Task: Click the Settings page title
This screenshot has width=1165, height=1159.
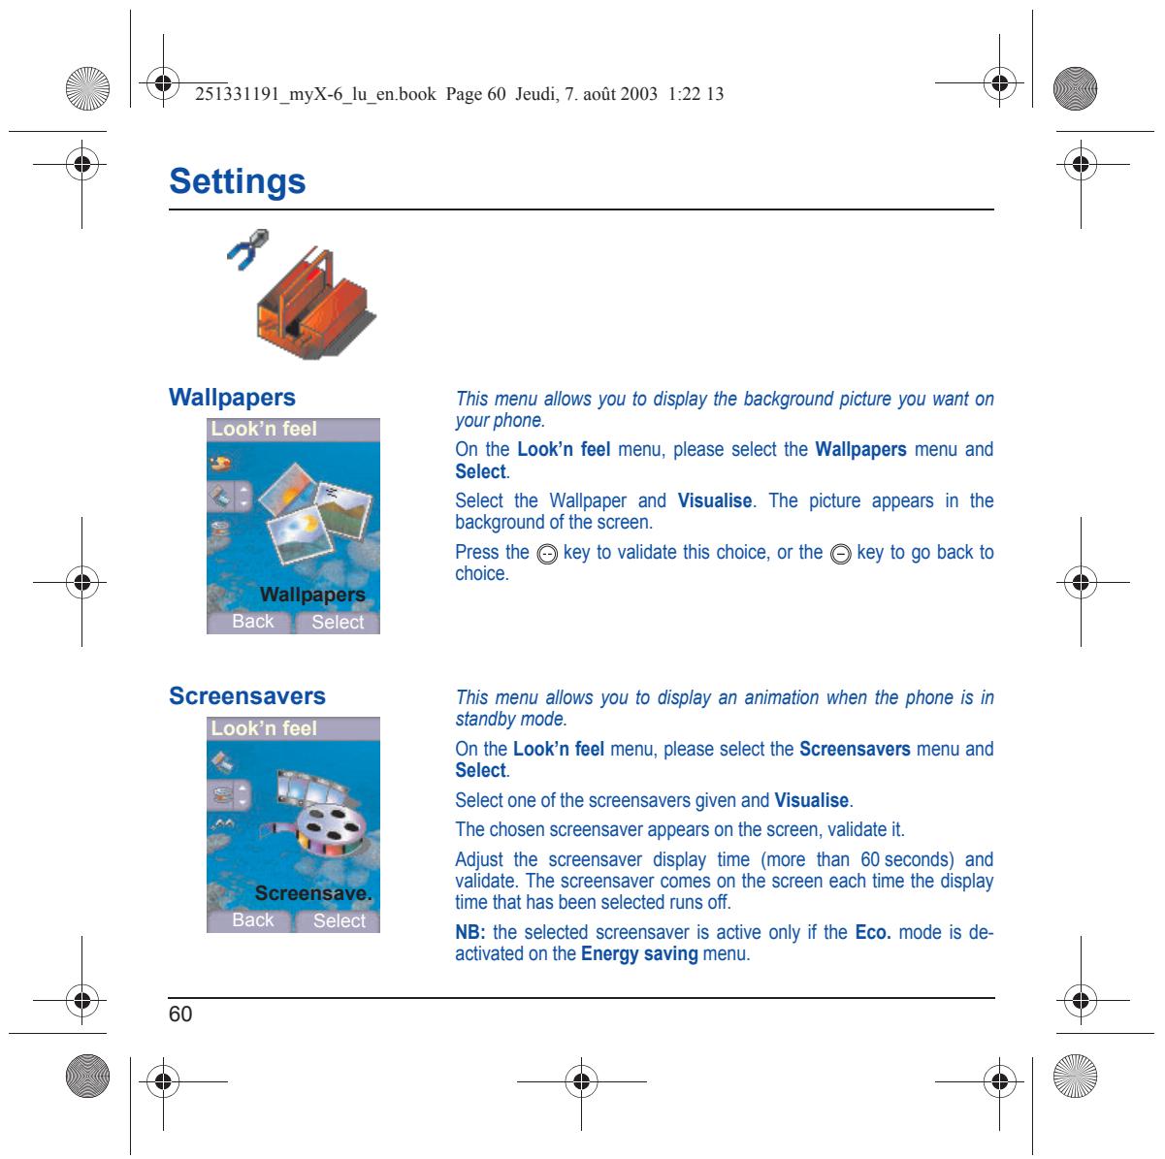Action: pos(238,181)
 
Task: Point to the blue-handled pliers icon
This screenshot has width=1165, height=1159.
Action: pos(248,249)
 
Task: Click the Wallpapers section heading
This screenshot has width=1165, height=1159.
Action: pos(232,398)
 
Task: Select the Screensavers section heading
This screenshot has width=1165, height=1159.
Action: pos(247,695)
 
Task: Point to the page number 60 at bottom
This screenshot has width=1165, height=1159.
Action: pos(180,1014)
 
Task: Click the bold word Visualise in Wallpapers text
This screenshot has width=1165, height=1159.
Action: pos(715,500)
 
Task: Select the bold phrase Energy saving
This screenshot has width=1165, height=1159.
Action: pos(639,954)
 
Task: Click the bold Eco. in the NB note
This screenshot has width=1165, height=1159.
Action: pos(873,932)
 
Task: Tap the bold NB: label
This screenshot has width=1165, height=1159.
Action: pos(470,932)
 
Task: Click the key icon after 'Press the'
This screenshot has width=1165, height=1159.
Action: pos(547,555)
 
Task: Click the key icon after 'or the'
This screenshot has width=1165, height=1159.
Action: pos(840,555)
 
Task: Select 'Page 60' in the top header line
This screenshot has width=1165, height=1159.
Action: pos(475,94)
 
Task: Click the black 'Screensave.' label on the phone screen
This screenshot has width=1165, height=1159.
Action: pos(313,893)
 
